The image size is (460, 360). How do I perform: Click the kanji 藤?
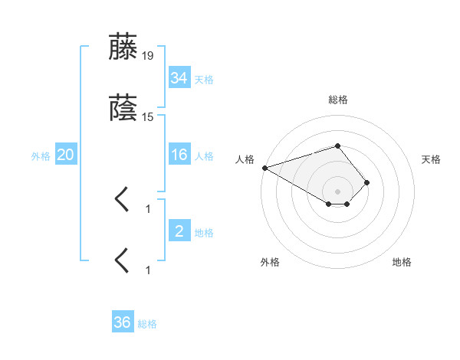point(123,47)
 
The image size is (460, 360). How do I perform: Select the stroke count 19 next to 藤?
point(147,55)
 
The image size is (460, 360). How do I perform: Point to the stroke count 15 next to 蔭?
point(147,116)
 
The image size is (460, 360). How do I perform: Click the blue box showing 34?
point(179,77)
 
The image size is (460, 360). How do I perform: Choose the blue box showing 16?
point(179,155)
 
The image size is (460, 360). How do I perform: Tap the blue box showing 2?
point(179,231)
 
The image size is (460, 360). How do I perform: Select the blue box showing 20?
point(65,155)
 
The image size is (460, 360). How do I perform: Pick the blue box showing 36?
point(123,322)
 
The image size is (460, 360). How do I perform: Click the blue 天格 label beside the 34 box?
point(204,79)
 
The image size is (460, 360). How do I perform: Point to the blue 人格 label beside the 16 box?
point(204,156)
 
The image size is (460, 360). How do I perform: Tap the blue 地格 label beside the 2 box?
point(204,232)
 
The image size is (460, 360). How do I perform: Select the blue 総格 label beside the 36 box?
point(147,324)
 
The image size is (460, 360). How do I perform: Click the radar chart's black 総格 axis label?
point(337,100)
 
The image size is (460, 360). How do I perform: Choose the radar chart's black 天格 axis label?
point(432,159)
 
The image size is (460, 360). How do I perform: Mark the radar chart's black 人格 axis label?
point(245,159)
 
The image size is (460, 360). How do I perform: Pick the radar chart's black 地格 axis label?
point(402,262)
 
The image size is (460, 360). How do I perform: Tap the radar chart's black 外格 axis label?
point(270,262)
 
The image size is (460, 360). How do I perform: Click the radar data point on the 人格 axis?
point(264,168)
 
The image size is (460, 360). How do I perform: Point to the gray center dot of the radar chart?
point(337,191)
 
